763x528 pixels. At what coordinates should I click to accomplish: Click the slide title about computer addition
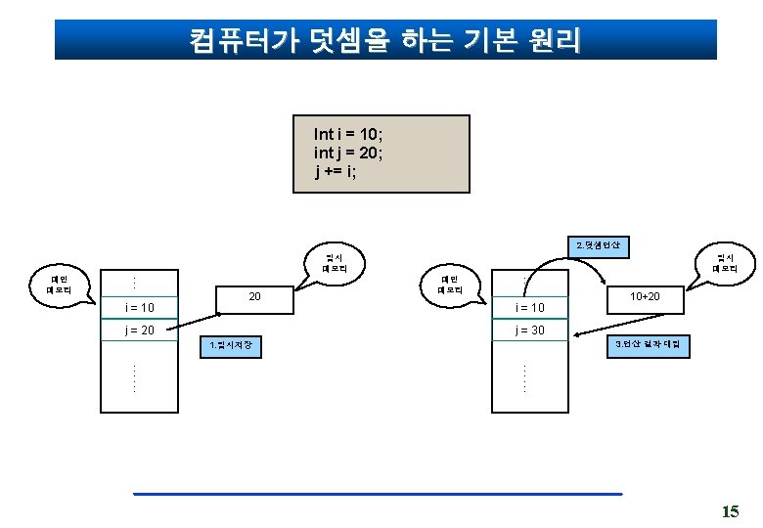point(385,40)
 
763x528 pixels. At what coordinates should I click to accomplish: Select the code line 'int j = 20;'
point(348,153)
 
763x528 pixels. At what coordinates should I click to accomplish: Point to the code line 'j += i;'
point(337,172)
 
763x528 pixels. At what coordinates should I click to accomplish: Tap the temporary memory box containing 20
point(254,295)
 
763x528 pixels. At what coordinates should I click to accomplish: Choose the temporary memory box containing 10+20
point(645,295)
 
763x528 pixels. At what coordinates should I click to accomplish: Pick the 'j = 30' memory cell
point(530,330)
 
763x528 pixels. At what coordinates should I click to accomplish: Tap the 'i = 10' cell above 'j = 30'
point(530,308)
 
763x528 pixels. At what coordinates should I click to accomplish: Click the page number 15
point(729,510)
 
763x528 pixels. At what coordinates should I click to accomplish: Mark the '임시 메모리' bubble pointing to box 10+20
point(726,263)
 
